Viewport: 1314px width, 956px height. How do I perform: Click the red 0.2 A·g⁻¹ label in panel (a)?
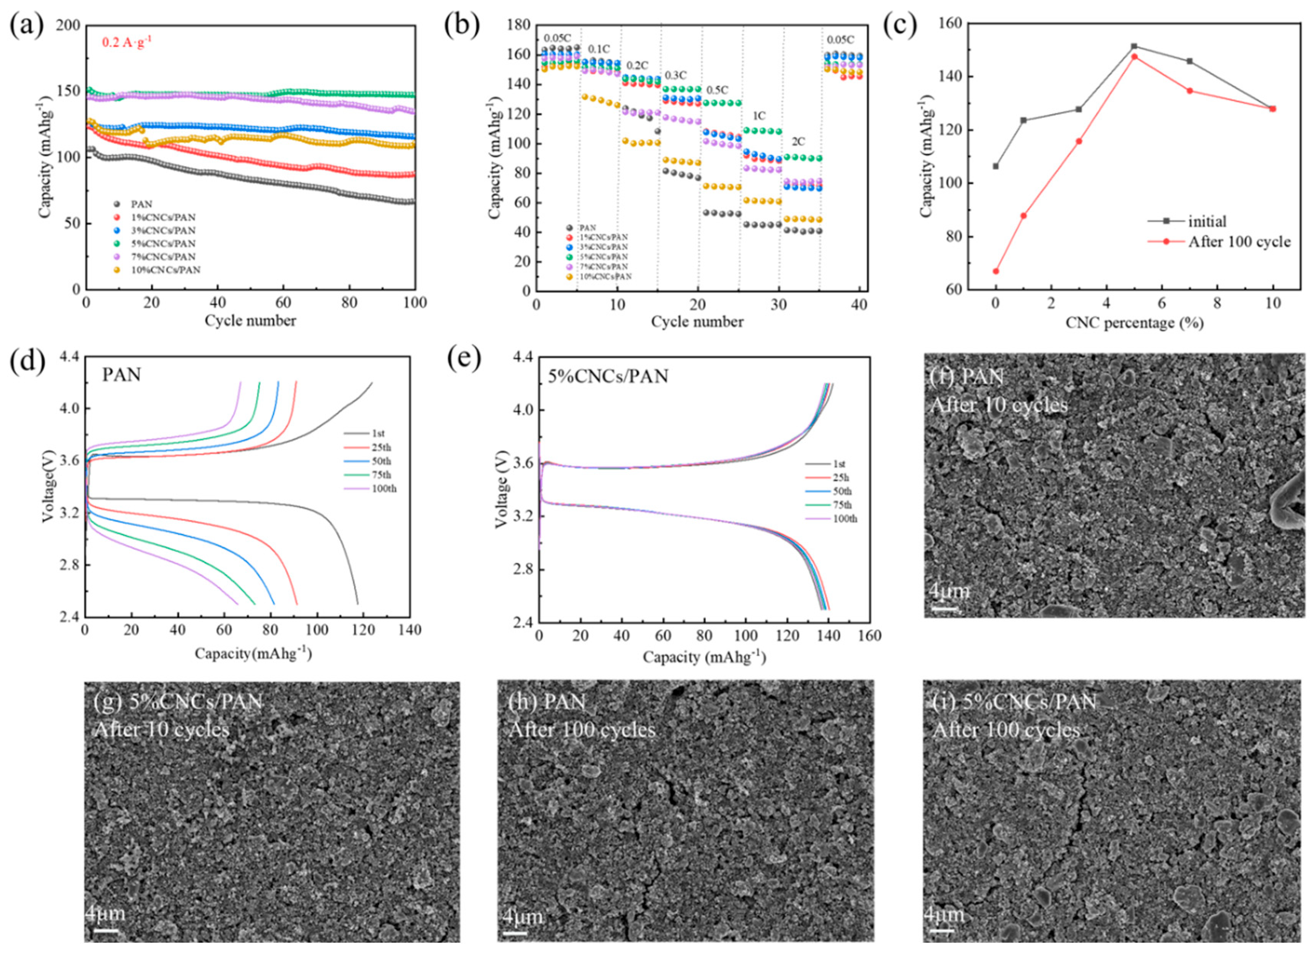(x=127, y=42)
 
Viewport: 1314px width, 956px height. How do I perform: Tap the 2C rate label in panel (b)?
(x=798, y=142)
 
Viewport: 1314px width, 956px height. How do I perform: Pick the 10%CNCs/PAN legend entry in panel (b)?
(x=606, y=277)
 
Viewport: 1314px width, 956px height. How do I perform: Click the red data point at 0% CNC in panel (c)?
(x=996, y=271)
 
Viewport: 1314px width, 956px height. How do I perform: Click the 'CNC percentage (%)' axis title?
(x=1134, y=323)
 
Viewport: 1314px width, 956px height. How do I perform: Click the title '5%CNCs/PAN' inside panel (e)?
(x=608, y=377)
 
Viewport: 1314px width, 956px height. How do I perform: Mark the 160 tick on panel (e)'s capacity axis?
(x=869, y=636)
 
